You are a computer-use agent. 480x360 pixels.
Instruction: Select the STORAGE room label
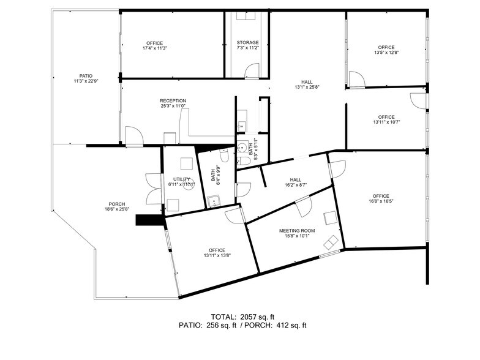[247, 42]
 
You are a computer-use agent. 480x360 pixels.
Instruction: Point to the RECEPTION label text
[173, 100]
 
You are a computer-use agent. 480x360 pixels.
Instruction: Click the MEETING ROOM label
[297, 231]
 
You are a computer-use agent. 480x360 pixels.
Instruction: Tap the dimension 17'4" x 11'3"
[155, 48]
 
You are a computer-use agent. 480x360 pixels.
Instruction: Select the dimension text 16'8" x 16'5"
[379, 201]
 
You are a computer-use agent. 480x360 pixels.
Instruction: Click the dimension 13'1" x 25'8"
[307, 87]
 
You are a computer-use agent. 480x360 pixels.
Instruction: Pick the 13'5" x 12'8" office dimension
[386, 53]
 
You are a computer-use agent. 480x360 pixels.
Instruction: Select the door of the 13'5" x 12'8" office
[356, 80]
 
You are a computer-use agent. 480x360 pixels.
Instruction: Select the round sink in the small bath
[243, 148]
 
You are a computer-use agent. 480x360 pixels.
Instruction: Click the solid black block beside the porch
[148, 219]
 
